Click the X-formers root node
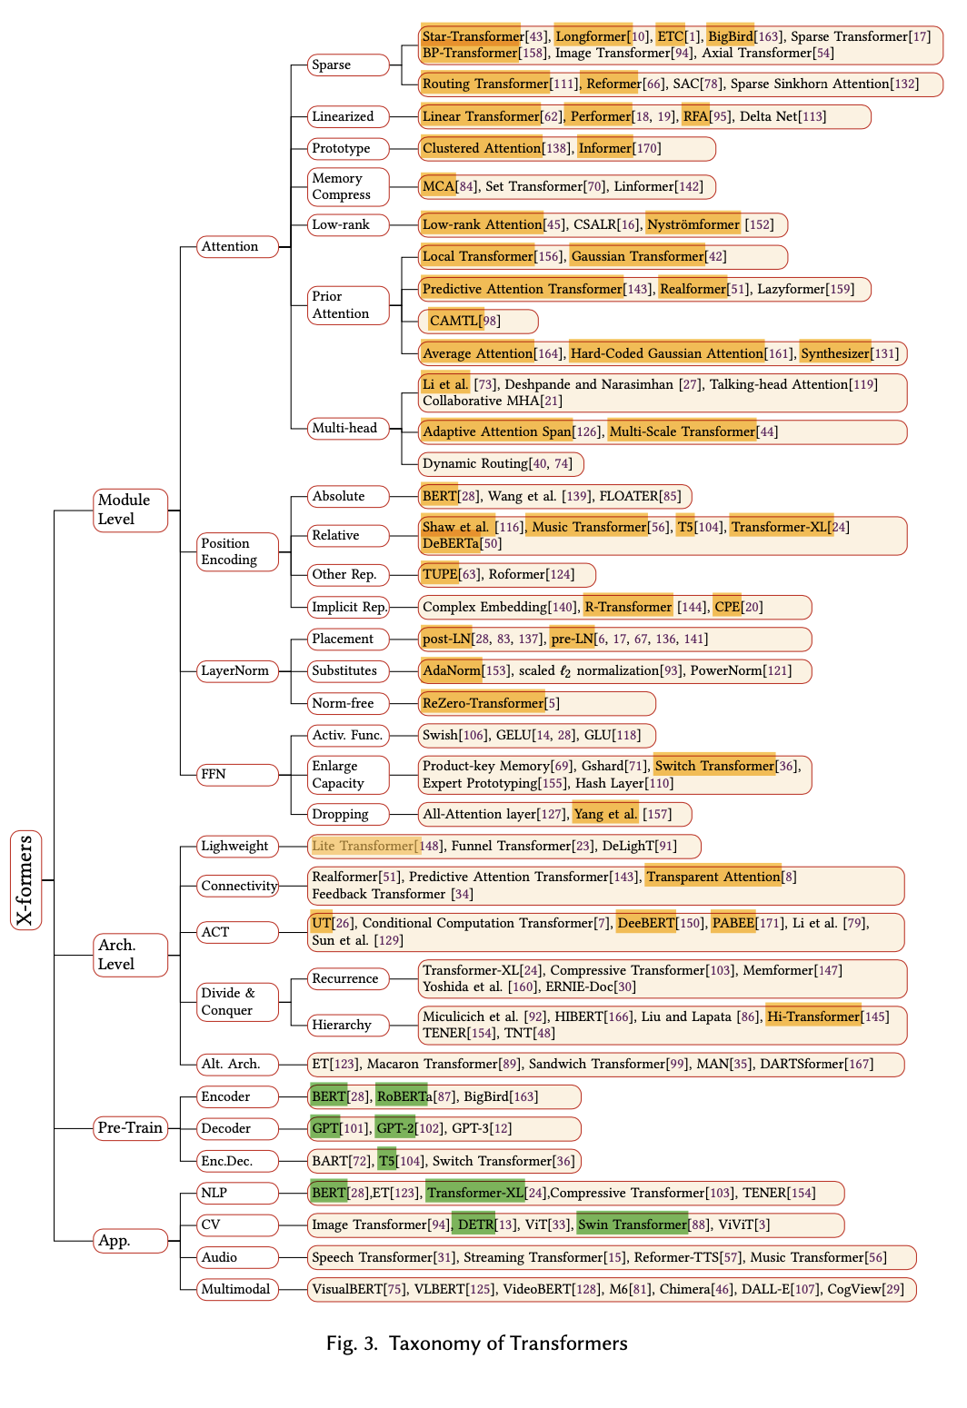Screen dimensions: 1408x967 [25, 879]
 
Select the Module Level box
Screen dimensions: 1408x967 [130, 510]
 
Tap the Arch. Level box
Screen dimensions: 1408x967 [130, 955]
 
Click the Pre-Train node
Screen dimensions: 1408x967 [130, 1128]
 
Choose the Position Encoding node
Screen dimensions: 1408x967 [237, 551]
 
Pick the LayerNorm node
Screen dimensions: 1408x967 [237, 670]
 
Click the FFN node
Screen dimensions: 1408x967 [237, 774]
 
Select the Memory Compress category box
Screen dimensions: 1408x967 [348, 186]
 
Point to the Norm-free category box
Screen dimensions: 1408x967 [348, 703]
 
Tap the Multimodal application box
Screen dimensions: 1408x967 [237, 1289]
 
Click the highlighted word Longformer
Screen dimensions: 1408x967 [592, 36]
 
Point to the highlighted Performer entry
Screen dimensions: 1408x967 [600, 116]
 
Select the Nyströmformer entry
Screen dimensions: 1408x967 [693, 224]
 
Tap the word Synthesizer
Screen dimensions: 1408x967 [835, 353]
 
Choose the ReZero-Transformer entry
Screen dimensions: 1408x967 [483, 703]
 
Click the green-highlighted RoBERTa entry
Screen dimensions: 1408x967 [404, 1096]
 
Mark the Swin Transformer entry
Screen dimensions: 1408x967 [633, 1225]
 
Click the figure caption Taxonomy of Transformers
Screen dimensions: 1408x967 [508, 1344]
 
